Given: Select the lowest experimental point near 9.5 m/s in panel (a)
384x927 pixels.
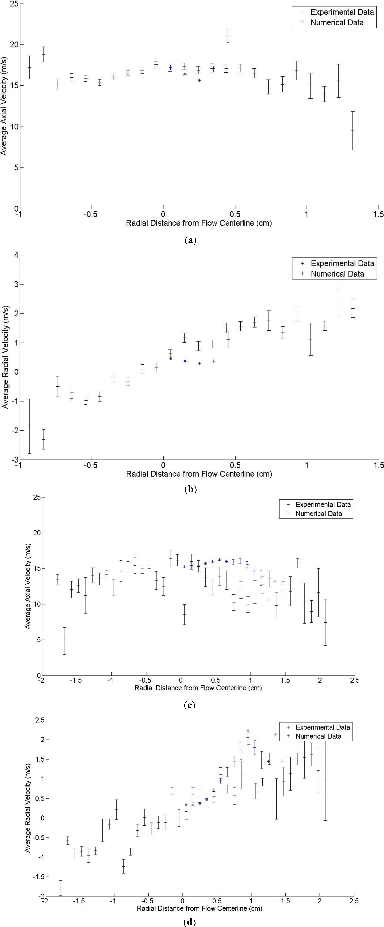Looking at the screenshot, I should [x=353, y=131].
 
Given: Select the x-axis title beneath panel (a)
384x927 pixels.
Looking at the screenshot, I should [x=199, y=223].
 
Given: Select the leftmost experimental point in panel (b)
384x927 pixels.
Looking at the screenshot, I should [x=30, y=426].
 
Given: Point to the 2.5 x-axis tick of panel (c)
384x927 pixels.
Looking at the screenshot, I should [x=354, y=680].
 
